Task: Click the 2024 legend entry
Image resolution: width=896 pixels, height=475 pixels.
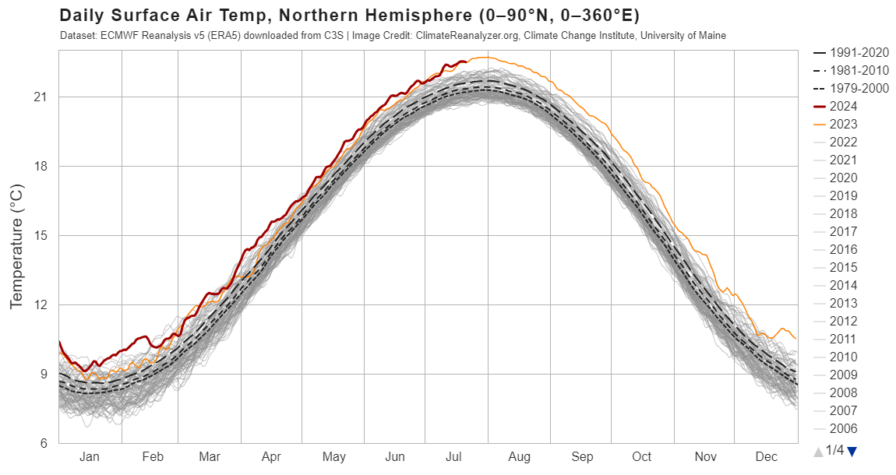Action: point(835,106)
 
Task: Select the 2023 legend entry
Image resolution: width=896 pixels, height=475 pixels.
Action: point(835,124)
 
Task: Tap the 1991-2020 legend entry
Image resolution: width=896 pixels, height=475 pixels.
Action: point(851,52)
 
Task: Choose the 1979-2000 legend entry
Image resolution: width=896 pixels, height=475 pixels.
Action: point(851,88)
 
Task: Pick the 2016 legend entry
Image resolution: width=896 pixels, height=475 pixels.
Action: point(835,249)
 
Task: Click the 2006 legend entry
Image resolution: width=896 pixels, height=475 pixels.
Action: point(835,428)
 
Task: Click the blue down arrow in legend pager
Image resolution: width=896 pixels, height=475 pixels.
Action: point(852,452)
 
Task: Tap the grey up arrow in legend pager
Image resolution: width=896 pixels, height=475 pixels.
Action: point(818,452)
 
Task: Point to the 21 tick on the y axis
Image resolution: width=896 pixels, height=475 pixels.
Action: point(40,97)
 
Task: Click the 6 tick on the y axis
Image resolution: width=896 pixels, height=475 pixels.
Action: point(43,443)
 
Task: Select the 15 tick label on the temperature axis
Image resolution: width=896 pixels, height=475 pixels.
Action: point(40,235)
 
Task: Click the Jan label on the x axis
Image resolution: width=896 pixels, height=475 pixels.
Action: point(89,457)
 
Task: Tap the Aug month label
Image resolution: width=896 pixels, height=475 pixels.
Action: point(520,457)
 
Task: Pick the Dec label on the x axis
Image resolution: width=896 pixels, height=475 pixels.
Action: point(767,457)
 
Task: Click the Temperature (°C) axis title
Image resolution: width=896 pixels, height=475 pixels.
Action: point(16,246)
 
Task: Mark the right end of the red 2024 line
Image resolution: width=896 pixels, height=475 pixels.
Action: point(467,62)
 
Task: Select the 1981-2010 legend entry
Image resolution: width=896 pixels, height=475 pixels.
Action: point(851,70)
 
